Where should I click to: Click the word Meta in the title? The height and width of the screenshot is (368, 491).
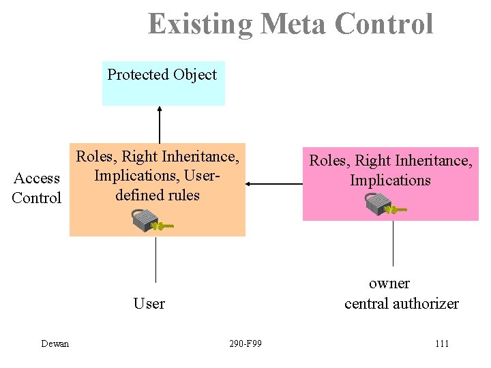288,24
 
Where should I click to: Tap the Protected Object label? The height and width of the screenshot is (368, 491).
162,74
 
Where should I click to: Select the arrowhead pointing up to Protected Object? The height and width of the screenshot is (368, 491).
160,108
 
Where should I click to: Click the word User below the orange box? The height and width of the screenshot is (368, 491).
149,303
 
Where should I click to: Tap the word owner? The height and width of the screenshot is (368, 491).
389,283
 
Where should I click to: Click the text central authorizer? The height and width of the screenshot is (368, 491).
401,303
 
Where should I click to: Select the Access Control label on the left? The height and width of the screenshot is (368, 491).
37,188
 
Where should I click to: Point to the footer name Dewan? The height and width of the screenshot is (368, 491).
55,343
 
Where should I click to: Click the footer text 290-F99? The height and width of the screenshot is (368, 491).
245,343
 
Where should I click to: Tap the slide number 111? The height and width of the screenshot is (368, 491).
441,343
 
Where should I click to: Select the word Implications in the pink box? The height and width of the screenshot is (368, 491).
390,180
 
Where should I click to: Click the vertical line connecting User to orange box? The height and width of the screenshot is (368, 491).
157,259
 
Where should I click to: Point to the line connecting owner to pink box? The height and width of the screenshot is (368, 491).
393,243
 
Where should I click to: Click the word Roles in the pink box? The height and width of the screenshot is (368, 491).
328,161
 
